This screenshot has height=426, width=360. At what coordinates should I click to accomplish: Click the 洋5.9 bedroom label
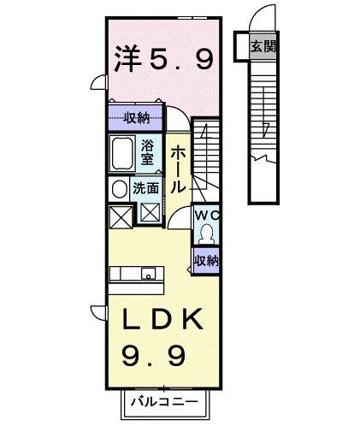click(x=162, y=61)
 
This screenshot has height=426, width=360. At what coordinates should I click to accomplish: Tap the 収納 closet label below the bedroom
click(x=138, y=117)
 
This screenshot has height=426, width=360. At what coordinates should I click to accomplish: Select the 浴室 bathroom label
click(x=147, y=151)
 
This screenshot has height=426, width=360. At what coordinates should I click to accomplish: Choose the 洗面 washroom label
click(x=145, y=187)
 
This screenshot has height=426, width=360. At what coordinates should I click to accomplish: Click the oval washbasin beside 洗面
click(x=117, y=188)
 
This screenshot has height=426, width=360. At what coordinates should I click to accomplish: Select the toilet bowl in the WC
click(x=206, y=234)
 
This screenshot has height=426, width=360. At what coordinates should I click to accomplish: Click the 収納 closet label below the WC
click(x=206, y=259)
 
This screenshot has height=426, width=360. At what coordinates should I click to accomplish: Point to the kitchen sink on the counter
click(x=148, y=275)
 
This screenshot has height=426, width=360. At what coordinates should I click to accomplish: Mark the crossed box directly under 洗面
click(x=149, y=214)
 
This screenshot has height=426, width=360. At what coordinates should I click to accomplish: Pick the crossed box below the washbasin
click(x=120, y=216)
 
